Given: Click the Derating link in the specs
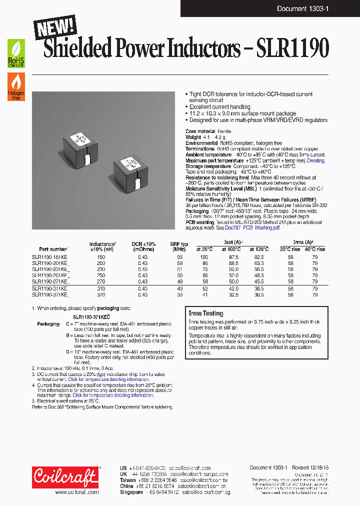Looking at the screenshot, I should pyautogui.click(x=315, y=160).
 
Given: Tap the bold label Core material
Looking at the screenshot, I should pyautogui.click(x=201, y=131).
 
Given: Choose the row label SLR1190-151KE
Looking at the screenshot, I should pyautogui.click(x=49, y=256).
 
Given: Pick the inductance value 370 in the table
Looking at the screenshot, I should pyautogui.click(x=101, y=295).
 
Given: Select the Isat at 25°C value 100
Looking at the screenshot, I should pyautogui.click(x=204, y=256).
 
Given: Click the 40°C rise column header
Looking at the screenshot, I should pyautogui.click(x=314, y=249).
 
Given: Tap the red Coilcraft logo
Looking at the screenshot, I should pyautogui.click(x=65, y=477).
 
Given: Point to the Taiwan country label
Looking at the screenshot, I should pyautogui.click(x=128, y=479).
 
